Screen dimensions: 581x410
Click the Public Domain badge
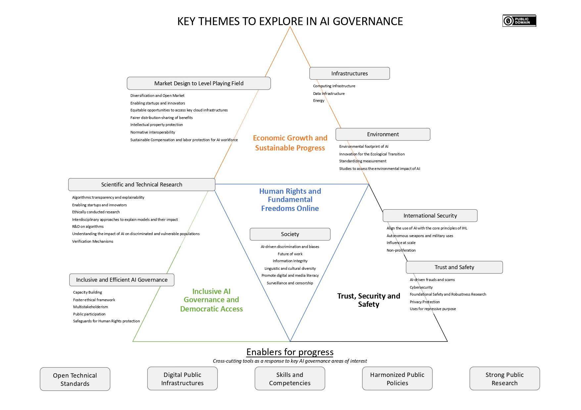[519, 21]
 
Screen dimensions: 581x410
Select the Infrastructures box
[349, 73]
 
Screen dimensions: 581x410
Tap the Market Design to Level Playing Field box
[199, 83]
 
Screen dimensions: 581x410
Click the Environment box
[383, 134]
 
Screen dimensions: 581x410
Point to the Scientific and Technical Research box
[141, 184]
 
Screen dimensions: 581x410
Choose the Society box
[290, 234]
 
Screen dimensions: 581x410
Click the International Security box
[430, 216]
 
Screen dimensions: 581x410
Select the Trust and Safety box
[454, 267]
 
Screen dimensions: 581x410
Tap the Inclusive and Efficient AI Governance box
[121, 280]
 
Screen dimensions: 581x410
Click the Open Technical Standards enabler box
[75, 379]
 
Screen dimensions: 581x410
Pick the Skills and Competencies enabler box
[290, 379]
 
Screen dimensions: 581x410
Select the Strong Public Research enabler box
[504, 379]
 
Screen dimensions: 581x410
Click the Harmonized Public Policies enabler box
[397, 379]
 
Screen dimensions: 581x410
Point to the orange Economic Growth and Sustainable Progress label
[290, 143]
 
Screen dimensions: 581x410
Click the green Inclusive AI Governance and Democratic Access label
[211, 300]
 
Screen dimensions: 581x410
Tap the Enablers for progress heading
[290, 352]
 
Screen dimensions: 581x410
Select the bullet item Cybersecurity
[421, 287]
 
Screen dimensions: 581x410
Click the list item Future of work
[290, 254]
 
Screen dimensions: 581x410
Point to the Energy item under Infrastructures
[319, 101]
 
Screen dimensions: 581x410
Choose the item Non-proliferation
[401, 250]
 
